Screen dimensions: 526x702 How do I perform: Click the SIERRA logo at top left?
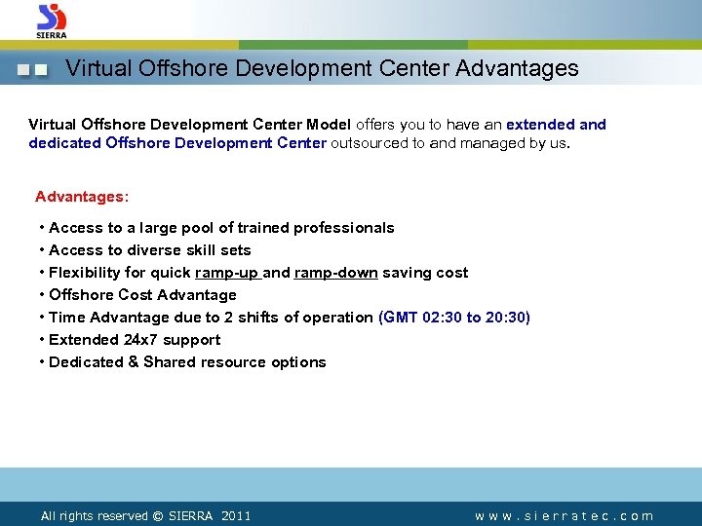pyautogui.click(x=52, y=20)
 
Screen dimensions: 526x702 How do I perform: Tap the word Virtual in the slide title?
pyautogui.click(x=97, y=69)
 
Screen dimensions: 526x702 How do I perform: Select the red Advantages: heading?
pyautogui.click(x=82, y=197)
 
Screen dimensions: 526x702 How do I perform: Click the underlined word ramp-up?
pyautogui.click(x=227, y=273)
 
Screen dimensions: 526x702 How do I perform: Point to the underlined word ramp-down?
pyautogui.click(x=335, y=273)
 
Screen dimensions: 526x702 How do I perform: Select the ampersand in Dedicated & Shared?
pyautogui.click(x=133, y=362)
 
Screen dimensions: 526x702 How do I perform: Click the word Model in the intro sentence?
pyautogui.click(x=329, y=125)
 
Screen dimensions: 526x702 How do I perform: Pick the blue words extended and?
pyautogui.click(x=556, y=125)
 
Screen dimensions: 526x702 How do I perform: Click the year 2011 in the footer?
pyautogui.click(x=236, y=516)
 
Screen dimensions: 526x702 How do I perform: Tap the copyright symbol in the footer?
pyautogui.click(x=157, y=516)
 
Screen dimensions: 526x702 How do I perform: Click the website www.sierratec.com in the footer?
pyautogui.click(x=565, y=516)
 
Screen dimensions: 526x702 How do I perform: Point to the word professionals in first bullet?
pyautogui.click(x=346, y=228)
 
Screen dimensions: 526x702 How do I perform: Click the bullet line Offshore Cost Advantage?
pyautogui.click(x=142, y=295)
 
